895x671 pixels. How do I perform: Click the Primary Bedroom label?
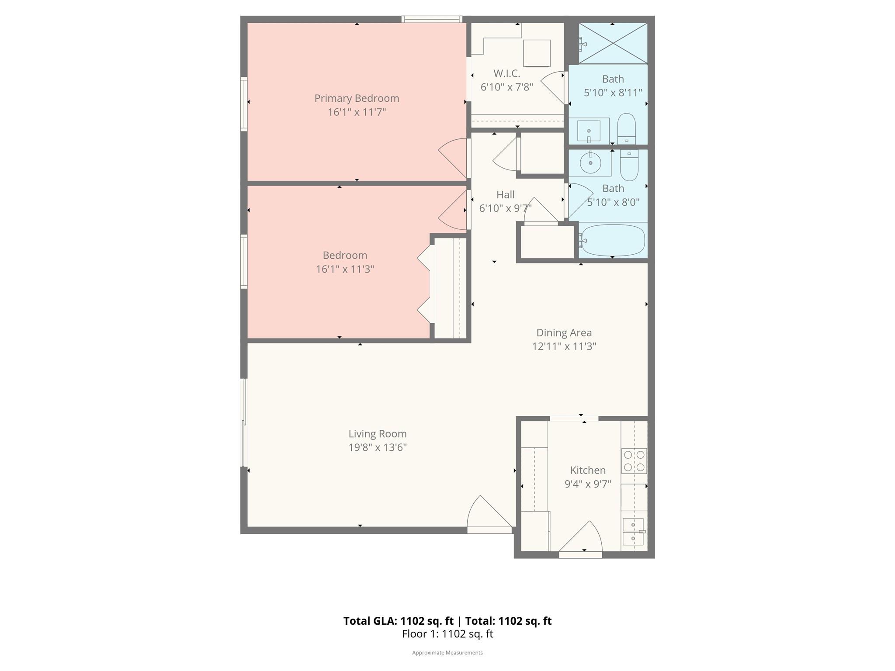357,98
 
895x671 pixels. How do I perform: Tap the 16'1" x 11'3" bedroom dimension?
345,269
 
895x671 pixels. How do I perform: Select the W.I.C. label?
506,73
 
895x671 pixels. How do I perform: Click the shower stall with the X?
613,43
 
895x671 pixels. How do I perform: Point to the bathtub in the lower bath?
613,240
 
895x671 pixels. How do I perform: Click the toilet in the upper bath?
626,128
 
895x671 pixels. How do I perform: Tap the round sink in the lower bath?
590,163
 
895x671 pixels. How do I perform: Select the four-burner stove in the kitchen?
634,461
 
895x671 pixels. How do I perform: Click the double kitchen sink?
633,532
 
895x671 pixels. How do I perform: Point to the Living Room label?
377,434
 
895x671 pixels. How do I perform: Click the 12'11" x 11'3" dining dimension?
564,346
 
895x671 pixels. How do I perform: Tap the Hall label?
505,195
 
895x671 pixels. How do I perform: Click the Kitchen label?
588,470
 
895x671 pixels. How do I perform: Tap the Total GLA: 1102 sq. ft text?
398,621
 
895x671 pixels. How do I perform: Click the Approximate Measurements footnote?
447,653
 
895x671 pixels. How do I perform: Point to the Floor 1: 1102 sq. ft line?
447,634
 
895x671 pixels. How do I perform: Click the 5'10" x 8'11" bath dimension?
613,93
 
